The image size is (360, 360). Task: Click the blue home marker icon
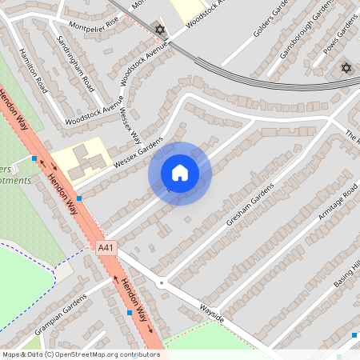(x=179, y=173)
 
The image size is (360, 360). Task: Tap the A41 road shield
(x=105, y=248)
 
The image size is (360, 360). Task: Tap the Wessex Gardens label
(x=138, y=154)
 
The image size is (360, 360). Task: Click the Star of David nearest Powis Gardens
(x=346, y=67)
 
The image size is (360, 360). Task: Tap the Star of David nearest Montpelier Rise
(x=159, y=30)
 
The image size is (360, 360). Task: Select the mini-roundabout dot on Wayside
(x=161, y=282)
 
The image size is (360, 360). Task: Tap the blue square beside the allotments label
(x=34, y=158)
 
